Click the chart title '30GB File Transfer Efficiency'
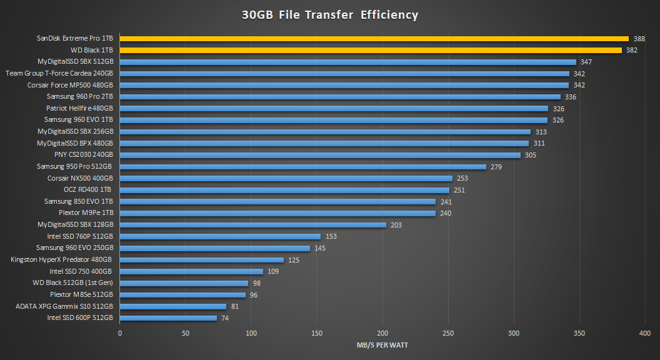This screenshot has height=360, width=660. click(x=330, y=15)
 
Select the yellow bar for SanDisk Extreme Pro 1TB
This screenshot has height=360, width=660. click(x=374, y=39)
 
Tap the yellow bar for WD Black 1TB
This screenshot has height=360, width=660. click(x=371, y=50)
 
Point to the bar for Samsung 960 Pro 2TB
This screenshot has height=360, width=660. click(x=340, y=97)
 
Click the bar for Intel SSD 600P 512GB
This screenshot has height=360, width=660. click(x=168, y=317)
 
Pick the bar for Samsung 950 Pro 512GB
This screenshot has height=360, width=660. click(x=303, y=167)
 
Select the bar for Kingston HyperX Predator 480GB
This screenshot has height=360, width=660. click(x=202, y=259)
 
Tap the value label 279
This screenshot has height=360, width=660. click(x=496, y=167)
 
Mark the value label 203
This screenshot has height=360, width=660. click(x=396, y=225)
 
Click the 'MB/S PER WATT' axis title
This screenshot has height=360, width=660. click(x=382, y=345)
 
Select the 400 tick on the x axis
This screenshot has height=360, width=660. click(x=645, y=333)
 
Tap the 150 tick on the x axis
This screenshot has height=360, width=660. click(x=317, y=333)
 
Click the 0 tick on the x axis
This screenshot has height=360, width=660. click(x=120, y=333)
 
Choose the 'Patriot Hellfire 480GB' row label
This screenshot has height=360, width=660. click(x=79, y=108)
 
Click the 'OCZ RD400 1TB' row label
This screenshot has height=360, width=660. click(x=88, y=189)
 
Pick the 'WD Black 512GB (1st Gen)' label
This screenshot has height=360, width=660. click(x=72, y=282)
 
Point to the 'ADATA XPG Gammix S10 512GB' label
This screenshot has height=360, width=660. click(x=64, y=306)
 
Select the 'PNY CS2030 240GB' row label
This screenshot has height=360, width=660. click(x=83, y=155)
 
